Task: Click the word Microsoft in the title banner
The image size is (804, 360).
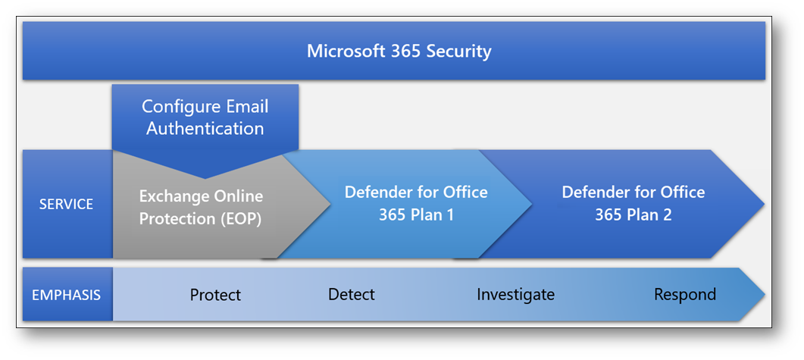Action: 340,52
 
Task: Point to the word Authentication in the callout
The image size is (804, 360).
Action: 205,127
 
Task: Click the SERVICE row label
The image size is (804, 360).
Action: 67,204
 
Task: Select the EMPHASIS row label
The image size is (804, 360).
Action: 67,295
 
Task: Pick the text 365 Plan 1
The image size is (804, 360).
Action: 416,214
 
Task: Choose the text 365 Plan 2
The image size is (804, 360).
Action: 634,214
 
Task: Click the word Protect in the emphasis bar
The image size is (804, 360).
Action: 215,295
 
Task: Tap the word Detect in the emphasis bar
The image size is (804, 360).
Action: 352,294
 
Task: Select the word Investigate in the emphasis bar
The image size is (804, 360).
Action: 516,295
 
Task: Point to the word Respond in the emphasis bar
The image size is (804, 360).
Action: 685,295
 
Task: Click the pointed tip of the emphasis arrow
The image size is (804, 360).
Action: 765,294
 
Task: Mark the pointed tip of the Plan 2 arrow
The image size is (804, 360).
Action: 764,204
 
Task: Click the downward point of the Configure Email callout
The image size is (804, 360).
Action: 205,178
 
